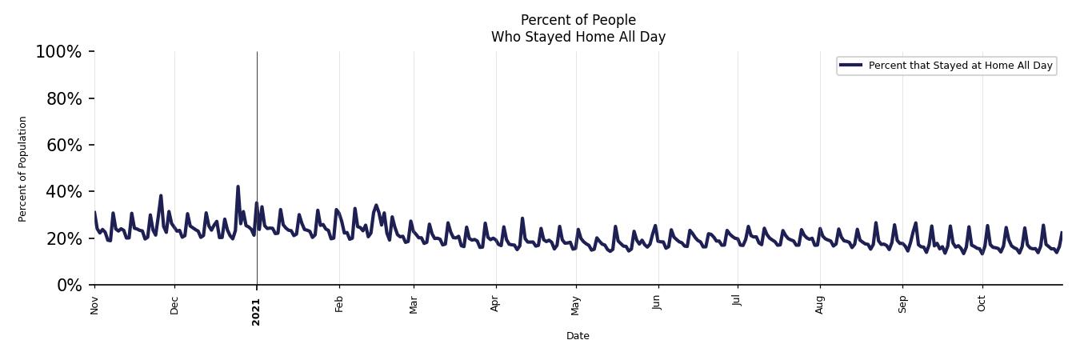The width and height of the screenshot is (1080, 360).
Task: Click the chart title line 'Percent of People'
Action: (578, 20)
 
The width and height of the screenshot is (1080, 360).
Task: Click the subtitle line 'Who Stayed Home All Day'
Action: (578, 37)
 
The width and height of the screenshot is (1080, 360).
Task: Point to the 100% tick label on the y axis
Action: (58, 52)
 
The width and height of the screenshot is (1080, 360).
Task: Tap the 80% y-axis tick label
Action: (62, 98)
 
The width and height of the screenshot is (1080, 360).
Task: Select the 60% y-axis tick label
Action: (62, 145)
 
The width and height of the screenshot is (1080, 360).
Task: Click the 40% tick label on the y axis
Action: (62, 192)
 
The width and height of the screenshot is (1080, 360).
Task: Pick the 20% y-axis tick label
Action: (62, 238)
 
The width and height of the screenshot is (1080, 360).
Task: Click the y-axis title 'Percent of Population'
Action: (23, 169)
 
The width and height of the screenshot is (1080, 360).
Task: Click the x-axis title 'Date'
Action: (578, 336)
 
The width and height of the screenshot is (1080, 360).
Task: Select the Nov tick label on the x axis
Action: (94, 305)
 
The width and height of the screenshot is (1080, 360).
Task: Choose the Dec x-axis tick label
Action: (174, 305)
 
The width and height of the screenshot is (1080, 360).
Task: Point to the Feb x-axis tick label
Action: (339, 304)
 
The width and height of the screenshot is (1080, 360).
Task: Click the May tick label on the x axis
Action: (575, 305)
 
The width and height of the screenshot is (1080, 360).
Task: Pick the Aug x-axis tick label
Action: (820, 305)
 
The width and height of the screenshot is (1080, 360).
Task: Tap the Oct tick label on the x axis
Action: (982, 304)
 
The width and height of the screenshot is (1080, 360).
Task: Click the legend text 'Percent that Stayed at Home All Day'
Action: (960, 66)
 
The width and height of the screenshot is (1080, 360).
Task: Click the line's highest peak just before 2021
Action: (238, 186)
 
